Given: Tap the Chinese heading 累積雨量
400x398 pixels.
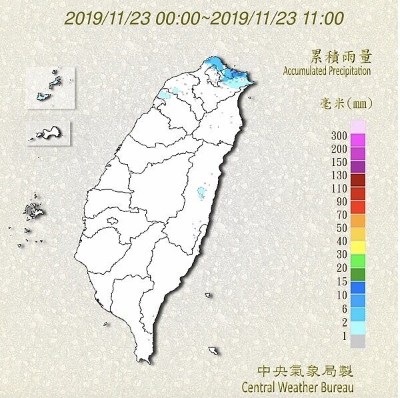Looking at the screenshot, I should [x=341, y=56].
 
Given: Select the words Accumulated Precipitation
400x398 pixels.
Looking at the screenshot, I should [x=327, y=70].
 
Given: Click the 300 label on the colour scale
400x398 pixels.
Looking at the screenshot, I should [x=339, y=136].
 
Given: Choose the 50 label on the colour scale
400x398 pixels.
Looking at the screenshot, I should [x=341, y=229].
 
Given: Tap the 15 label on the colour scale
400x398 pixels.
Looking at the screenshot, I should [x=341, y=281].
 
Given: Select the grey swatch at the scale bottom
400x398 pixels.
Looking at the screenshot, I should [x=357, y=341].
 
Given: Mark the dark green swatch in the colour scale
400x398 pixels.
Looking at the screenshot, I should [x=357, y=274].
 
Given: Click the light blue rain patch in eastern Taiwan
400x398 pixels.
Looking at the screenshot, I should [x=201, y=194].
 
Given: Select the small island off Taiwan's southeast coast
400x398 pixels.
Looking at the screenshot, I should [x=213, y=351].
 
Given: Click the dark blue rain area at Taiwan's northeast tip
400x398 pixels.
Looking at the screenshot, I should [x=237, y=78].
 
